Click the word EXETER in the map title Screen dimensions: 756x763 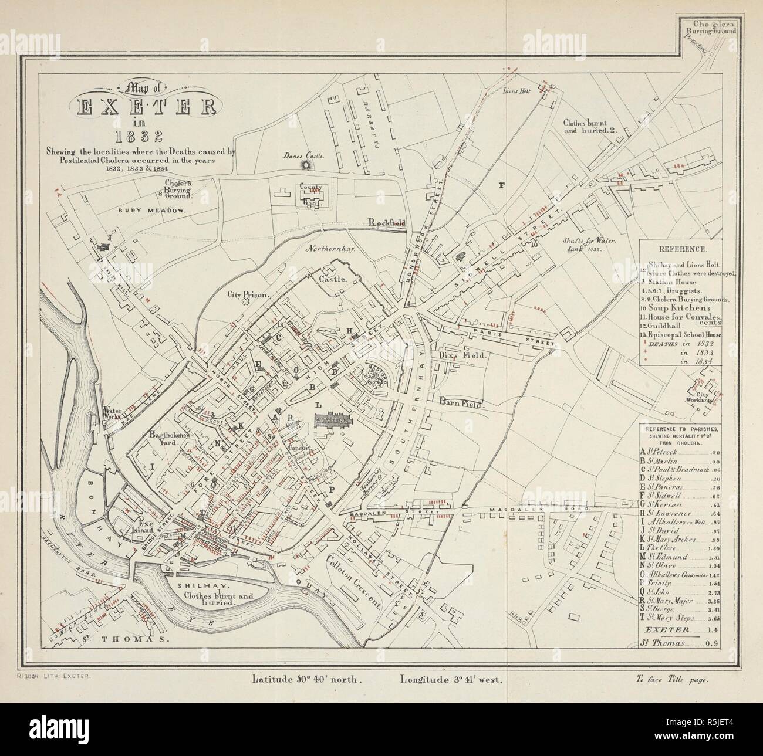click(x=146, y=107)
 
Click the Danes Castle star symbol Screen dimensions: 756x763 click(x=305, y=167)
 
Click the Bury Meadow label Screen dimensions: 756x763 click(x=152, y=210)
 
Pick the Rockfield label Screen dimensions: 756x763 click(x=387, y=222)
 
